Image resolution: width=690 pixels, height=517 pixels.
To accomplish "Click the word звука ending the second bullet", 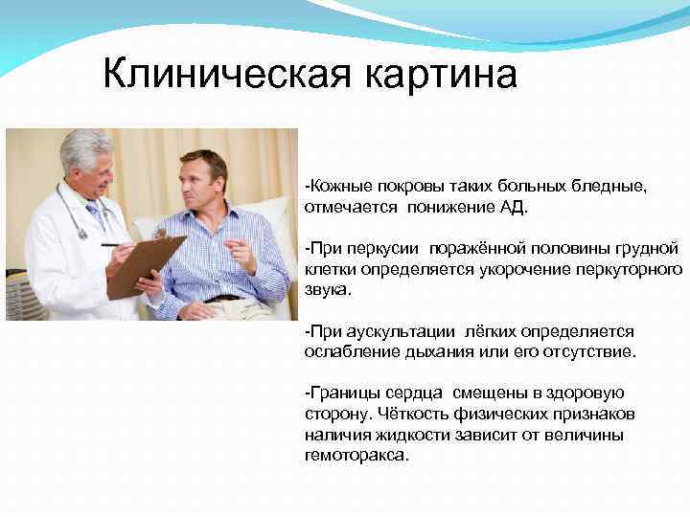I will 327,289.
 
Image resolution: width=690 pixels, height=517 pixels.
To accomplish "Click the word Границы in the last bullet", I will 346,393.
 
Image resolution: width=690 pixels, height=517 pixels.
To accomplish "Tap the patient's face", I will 205,182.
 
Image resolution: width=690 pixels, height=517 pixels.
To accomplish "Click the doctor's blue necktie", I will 97,216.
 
